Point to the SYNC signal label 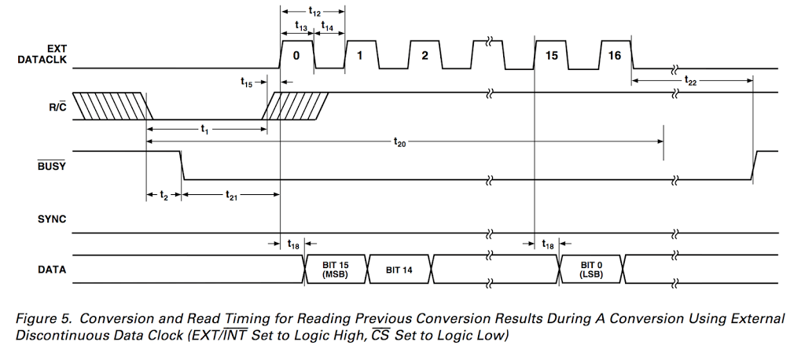(x=52, y=219)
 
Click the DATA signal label (x=52, y=270)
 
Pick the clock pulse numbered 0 (x=296, y=56)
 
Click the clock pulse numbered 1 (x=359, y=56)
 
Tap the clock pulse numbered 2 (x=424, y=56)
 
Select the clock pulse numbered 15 (x=551, y=56)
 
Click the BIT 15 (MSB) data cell (x=335, y=270)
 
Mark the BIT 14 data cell (x=399, y=270)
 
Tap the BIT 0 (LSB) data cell (x=590, y=270)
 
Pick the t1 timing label (x=204, y=129)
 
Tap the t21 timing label (x=231, y=195)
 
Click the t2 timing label (x=164, y=195)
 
